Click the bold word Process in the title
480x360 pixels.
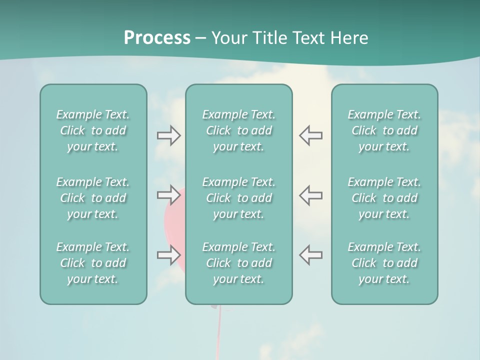click(x=157, y=38)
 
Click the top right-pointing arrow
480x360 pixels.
click(x=168, y=135)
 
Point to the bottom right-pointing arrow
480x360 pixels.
click(x=168, y=255)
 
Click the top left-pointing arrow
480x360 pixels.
click(x=310, y=135)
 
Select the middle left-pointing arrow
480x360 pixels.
click(x=310, y=195)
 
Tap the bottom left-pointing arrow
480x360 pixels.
click(x=310, y=255)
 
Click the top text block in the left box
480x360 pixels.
click(x=93, y=130)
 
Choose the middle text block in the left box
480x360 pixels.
click(x=93, y=198)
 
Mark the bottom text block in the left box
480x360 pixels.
click(x=93, y=263)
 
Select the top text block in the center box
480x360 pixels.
click(x=238, y=130)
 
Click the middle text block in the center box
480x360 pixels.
click(x=238, y=198)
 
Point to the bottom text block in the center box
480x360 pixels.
click(x=238, y=263)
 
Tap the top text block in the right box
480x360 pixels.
click(x=384, y=130)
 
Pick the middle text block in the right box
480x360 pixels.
click(x=384, y=198)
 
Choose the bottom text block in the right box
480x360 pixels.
click(x=384, y=263)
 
